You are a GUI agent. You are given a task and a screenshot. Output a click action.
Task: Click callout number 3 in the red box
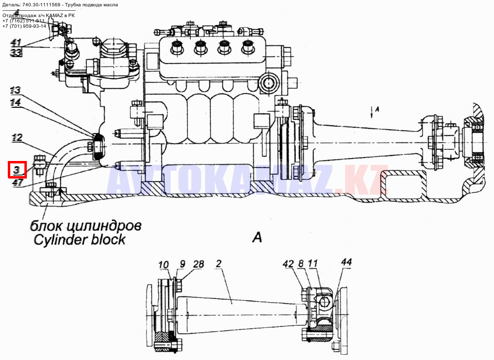pos(17,170)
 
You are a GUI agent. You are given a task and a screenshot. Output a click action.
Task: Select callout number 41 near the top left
pos(16,42)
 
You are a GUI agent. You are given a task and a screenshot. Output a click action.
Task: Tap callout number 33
pos(16,52)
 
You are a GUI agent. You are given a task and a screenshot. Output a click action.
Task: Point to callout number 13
pos(16,90)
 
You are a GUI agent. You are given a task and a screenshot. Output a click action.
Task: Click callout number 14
pos(16,102)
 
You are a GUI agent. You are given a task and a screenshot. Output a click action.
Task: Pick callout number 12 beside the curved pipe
pos(17,138)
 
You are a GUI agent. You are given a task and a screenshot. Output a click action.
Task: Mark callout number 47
pos(18,183)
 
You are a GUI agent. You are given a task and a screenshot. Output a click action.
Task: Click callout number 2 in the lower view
pos(219,264)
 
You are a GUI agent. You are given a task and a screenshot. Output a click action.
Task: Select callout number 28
pos(199,264)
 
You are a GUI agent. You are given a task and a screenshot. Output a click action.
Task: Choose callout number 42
pos(288,264)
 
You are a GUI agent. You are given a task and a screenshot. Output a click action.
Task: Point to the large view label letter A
pos(257,238)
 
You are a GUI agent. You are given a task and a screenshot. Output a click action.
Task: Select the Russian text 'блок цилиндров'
pos(86,226)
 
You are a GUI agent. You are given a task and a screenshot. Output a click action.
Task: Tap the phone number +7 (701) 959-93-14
pos(24,26)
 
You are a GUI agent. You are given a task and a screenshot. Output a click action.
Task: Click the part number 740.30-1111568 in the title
pos(41,4)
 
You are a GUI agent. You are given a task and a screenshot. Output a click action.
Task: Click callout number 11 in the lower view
pos(313,264)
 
